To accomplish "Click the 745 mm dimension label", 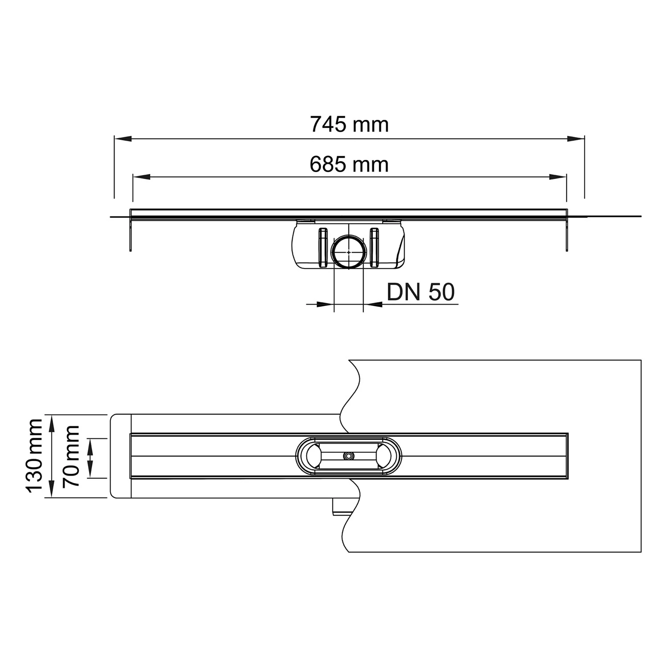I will click(x=349, y=124).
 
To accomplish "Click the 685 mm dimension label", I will click(x=349, y=164).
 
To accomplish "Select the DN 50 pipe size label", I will click(x=420, y=292).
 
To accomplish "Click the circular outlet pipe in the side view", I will click(x=349, y=252).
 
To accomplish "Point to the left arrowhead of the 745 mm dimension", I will click(x=123, y=139).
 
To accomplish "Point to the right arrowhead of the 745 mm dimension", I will click(x=576, y=139).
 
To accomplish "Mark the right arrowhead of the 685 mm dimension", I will click(x=558, y=177).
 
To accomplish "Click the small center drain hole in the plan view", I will click(x=348, y=456).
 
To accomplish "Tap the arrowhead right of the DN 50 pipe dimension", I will click(x=372, y=304).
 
